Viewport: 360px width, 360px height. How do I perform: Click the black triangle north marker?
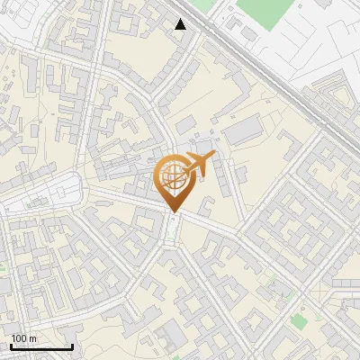(181, 24)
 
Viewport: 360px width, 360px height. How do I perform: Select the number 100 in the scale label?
(20, 338)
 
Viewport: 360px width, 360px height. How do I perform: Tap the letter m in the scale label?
(33, 338)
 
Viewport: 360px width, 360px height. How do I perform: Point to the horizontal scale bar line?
(41, 347)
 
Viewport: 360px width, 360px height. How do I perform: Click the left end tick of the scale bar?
(11, 346)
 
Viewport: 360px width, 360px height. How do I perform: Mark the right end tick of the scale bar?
(72, 346)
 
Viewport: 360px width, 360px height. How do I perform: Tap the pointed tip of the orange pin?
(171, 212)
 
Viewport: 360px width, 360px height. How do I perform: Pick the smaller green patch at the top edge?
(205, 4)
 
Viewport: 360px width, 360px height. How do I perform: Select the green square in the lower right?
(298, 320)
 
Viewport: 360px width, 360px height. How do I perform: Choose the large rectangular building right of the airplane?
(241, 132)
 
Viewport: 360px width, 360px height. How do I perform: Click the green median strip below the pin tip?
(171, 236)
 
